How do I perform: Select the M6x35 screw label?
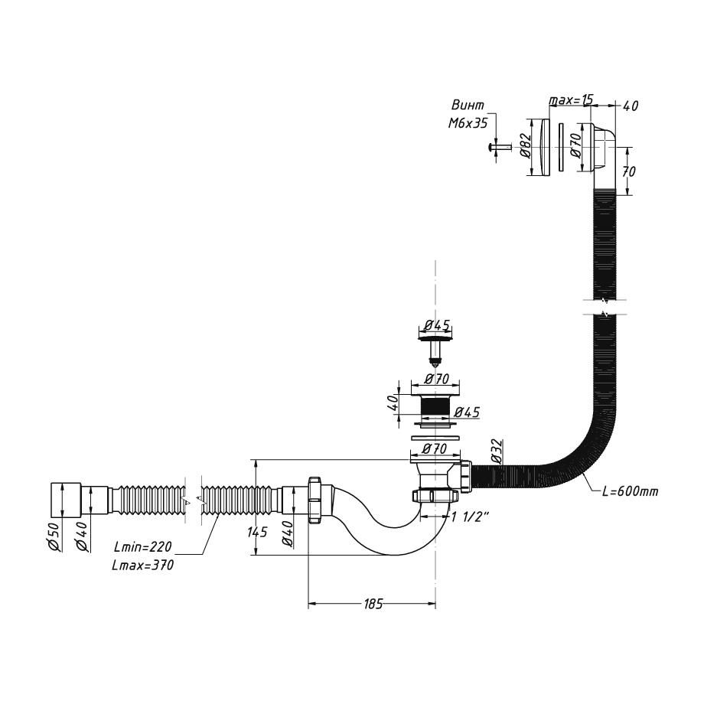pos(468,123)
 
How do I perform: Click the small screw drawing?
pos(498,146)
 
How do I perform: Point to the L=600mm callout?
pos(631,491)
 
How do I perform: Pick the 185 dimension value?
pos(373,604)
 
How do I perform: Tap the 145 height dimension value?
pos(257,532)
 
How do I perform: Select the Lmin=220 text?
pos(143,546)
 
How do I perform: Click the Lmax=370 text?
pos(143,565)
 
